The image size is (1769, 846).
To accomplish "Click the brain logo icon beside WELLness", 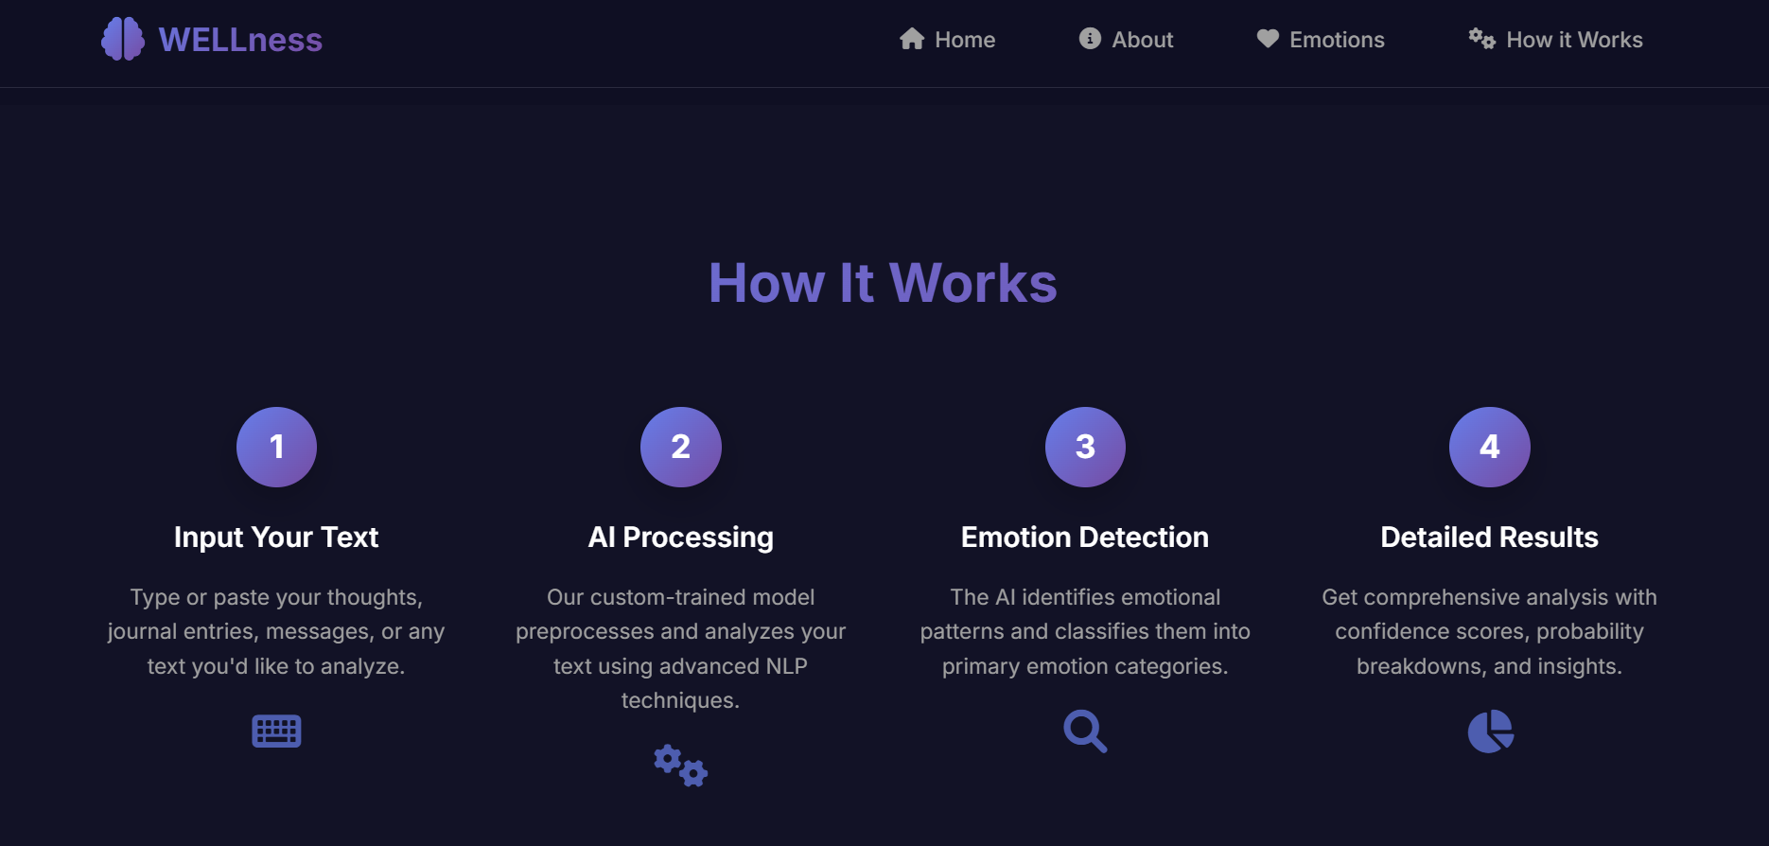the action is point(123,40).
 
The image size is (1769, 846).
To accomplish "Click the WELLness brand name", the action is point(240,40).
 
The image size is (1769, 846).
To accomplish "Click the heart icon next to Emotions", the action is point(1268,39).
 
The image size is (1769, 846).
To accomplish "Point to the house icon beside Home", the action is point(912,39).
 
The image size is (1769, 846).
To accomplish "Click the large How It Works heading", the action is point(883,283).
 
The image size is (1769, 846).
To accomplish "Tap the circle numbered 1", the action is point(276,447).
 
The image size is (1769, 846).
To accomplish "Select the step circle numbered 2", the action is point(681,447).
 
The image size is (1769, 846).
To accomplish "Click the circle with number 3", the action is point(1085,447).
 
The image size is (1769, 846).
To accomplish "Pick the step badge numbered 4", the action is point(1489,447).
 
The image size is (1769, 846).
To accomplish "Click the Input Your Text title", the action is point(276,538).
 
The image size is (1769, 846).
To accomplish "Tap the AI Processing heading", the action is point(681,538).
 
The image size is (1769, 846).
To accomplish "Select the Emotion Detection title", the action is point(1085,538).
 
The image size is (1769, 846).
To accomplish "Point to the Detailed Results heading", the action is point(1489,538).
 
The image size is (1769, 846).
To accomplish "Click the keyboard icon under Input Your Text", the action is point(276,731).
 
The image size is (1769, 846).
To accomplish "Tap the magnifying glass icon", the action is point(1085,731).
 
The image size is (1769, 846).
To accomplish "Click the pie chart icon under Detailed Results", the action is point(1490,731).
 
